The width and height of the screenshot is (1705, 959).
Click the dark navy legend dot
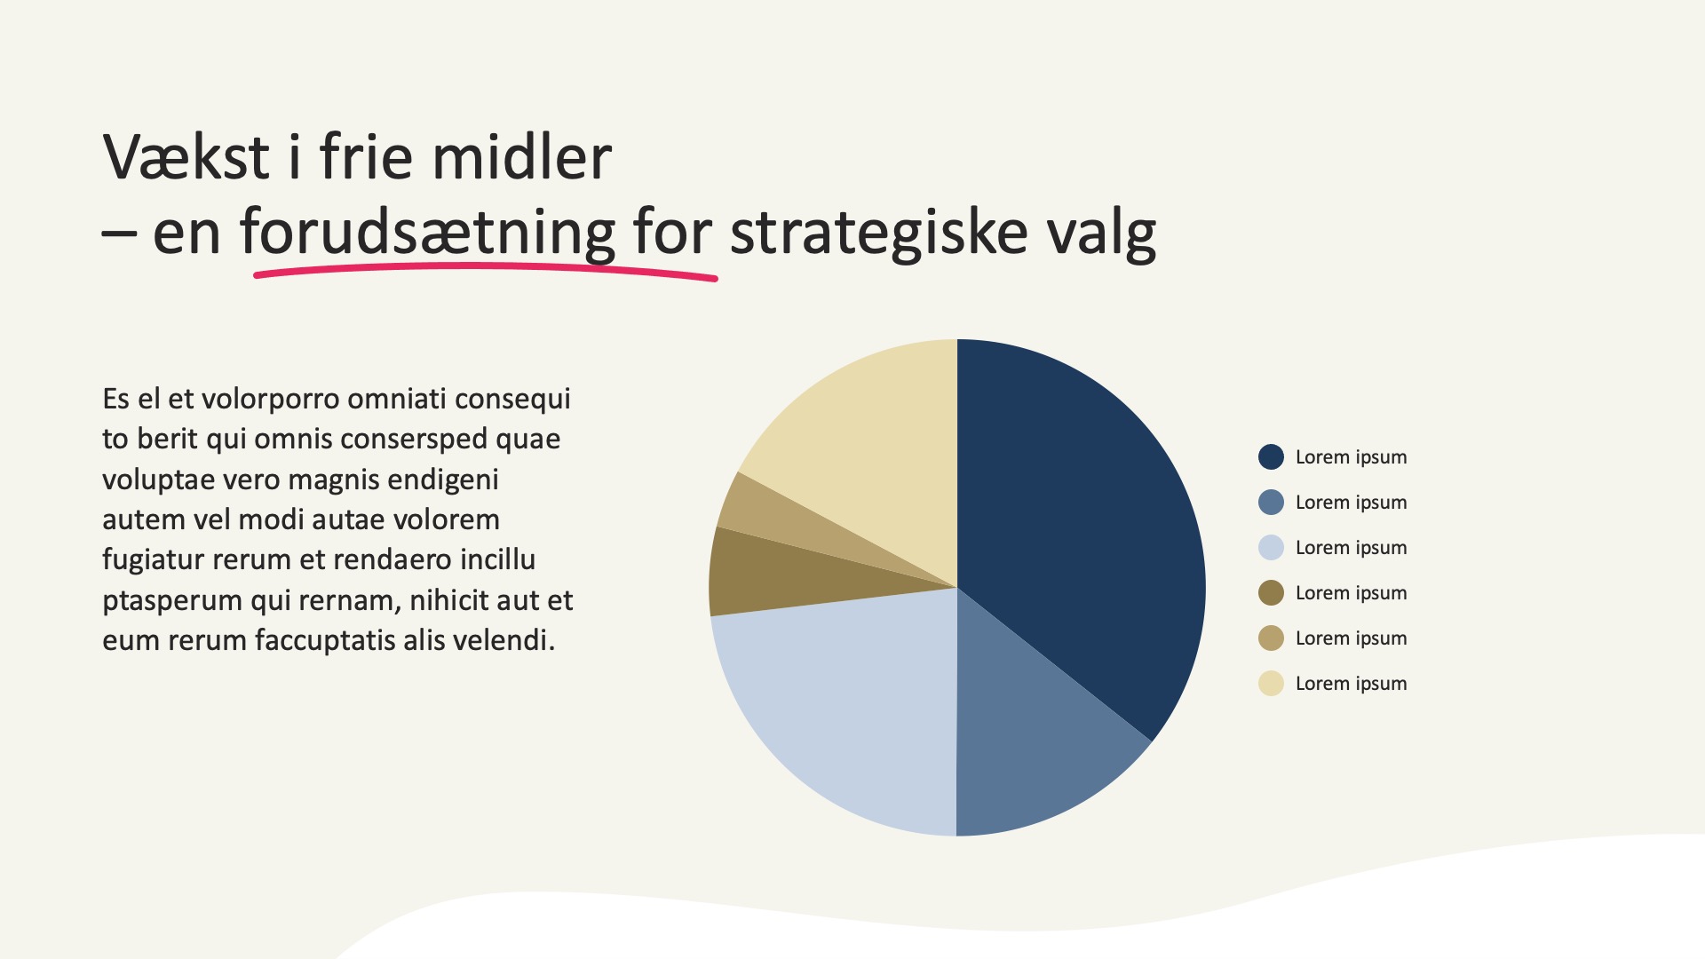1271,457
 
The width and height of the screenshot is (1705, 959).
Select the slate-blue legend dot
1271,503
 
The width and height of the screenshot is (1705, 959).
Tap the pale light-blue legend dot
1271,548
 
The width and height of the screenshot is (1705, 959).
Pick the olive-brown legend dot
1271,593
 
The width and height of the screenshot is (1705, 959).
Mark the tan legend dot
1271,638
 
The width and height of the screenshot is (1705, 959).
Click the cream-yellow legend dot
1271,684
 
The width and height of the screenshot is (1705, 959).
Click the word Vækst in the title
186,157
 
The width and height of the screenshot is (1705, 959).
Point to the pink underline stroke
485,270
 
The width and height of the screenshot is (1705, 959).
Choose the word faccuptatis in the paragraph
324,641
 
